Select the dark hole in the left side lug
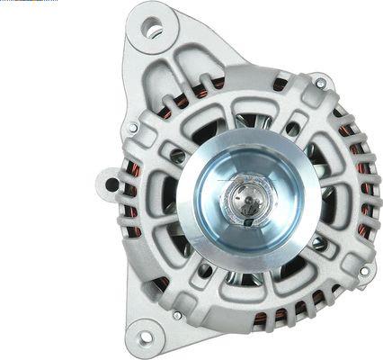(111, 184)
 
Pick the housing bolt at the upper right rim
(320, 83)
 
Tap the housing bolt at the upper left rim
(133, 128)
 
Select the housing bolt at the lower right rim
(363, 270)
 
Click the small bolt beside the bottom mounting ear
(177, 315)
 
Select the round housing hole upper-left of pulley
(179, 157)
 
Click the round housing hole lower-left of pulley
(205, 269)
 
